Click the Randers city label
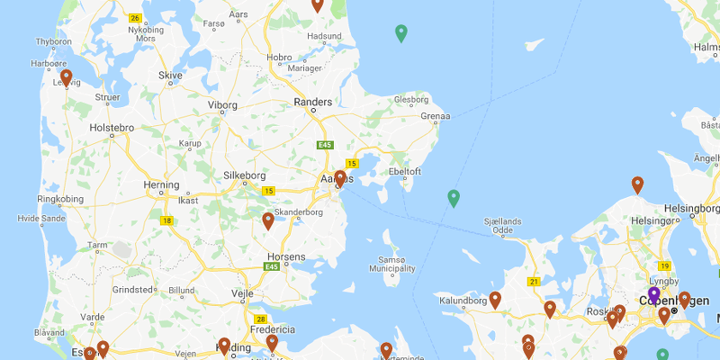(312, 103)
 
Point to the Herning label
(162, 185)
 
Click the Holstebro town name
(112, 128)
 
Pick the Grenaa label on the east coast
(436, 117)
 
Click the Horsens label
(287, 256)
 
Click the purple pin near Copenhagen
(654, 294)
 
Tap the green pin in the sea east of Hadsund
(401, 34)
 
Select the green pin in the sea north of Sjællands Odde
(454, 198)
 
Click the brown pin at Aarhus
(339, 178)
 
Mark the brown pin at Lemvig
(66, 77)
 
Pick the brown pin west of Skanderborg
(268, 220)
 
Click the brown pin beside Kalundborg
(495, 300)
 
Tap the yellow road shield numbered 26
(135, 18)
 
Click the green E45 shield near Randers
(324, 144)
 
